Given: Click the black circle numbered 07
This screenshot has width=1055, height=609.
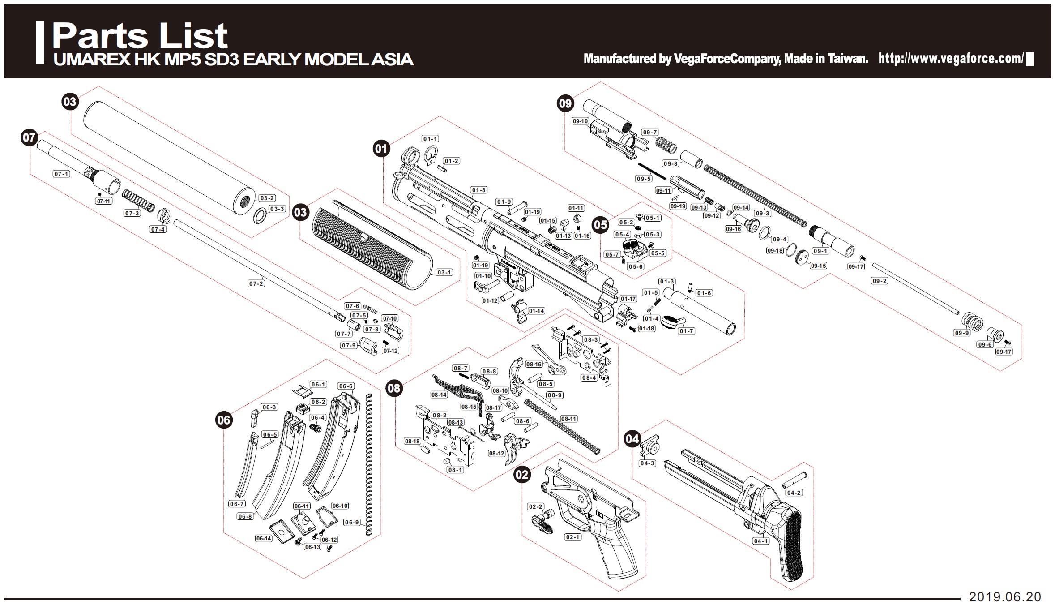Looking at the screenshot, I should click(29, 137).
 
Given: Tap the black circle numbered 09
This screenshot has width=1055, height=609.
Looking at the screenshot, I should click(565, 103).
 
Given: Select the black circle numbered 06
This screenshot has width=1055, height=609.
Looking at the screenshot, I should click(224, 420).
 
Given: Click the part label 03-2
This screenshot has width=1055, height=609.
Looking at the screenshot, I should click(267, 198).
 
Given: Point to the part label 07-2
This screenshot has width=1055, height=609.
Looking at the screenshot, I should click(256, 283).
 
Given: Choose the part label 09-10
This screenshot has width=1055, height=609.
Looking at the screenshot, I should click(580, 121).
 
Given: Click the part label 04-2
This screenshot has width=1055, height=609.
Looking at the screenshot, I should click(794, 493).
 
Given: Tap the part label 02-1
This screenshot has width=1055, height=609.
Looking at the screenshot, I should click(572, 537).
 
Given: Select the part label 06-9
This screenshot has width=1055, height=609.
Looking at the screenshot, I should click(352, 522).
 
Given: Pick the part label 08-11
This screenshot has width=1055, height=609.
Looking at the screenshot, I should click(568, 419).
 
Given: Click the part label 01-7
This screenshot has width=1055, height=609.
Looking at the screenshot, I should click(686, 331).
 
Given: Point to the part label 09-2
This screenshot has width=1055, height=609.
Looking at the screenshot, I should click(879, 281).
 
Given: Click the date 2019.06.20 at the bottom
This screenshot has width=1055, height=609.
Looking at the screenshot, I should click(1005, 597).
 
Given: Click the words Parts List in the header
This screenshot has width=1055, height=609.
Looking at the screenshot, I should click(140, 36).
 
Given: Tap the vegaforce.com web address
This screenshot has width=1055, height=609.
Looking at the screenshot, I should click(951, 59).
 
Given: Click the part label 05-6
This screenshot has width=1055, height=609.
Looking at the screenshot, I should click(635, 266).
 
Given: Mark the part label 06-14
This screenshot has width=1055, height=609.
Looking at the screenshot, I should click(264, 538).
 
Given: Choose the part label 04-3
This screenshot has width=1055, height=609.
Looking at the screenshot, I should click(647, 463).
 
